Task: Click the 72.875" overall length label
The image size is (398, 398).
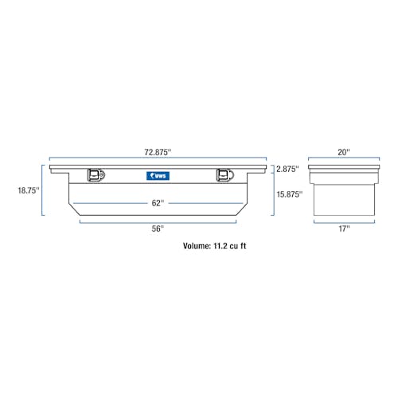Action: coord(158,152)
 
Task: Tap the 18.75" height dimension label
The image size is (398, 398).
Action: coord(29,190)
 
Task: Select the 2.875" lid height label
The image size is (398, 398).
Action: coord(287,169)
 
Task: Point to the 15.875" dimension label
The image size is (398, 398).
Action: coord(290,194)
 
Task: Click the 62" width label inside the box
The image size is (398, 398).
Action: coord(158,203)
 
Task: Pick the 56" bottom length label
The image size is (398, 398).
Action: coord(158,228)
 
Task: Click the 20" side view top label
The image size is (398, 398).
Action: coord(344,152)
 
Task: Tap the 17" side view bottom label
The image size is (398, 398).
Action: coord(344,228)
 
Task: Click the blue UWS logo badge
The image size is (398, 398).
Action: coord(158,176)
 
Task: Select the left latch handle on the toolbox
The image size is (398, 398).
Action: coord(96,175)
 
